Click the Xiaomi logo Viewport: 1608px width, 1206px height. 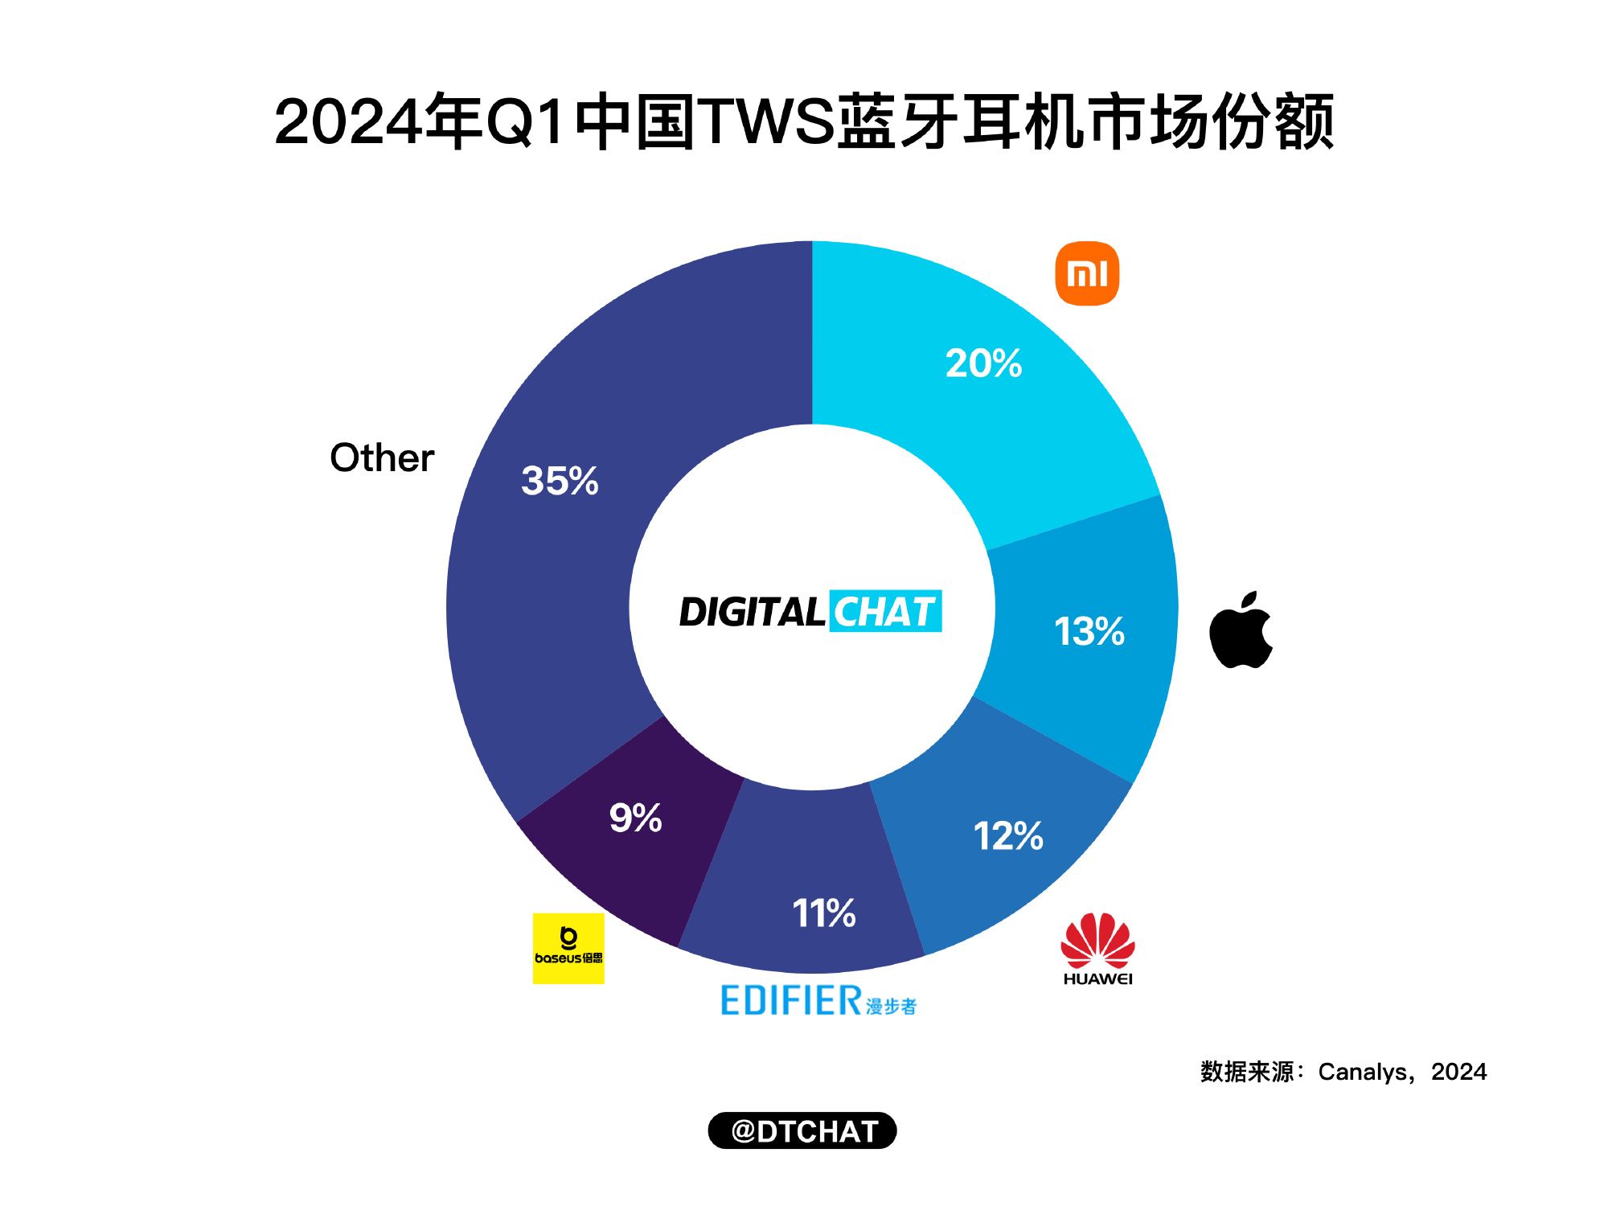(x=1086, y=273)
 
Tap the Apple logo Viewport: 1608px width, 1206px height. (x=1241, y=632)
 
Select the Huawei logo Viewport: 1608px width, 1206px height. (x=1097, y=949)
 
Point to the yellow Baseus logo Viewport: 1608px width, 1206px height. (x=568, y=948)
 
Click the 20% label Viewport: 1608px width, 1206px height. (x=983, y=363)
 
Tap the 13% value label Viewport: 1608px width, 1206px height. (x=1089, y=631)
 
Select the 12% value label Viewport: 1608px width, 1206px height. (x=1008, y=836)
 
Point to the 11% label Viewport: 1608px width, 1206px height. (x=824, y=913)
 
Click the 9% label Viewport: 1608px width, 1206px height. (x=635, y=818)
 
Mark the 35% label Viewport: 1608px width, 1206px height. (x=560, y=481)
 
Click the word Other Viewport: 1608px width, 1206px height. (x=382, y=457)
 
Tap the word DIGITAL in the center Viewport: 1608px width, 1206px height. (x=752, y=612)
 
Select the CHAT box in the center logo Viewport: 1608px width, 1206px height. (x=884, y=612)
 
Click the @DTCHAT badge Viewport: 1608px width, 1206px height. (x=802, y=1130)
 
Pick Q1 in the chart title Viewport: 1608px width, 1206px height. (x=524, y=122)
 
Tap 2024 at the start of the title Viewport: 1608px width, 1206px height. (x=347, y=122)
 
